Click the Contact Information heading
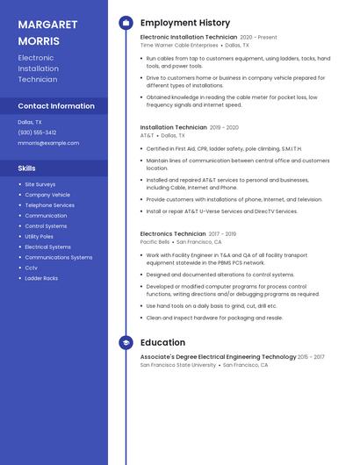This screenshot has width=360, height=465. pyautogui.click(x=56, y=106)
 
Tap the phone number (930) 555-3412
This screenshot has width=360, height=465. pyautogui.click(x=37, y=132)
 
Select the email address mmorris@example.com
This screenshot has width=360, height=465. pyautogui.click(x=48, y=143)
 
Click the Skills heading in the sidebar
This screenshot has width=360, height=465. pyautogui.click(x=27, y=168)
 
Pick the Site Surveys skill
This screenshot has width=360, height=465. pyautogui.click(x=40, y=184)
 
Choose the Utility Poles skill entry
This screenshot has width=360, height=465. pyautogui.click(x=40, y=236)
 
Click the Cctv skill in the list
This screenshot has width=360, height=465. pyautogui.click(x=32, y=268)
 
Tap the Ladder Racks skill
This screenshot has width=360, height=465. pyautogui.click(x=41, y=278)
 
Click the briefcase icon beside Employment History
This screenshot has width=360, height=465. pyautogui.click(x=126, y=23)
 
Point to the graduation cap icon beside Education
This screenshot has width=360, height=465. pyautogui.click(x=126, y=342)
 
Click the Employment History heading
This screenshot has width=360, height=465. pyautogui.click(x=185, y=23)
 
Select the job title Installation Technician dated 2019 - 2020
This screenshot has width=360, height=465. pyautogui.click(x=174, y=127)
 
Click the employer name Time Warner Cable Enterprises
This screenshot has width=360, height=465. pyautogui.click(x=179, y=45)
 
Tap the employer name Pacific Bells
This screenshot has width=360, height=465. pyautogui.click(x=155, y=241)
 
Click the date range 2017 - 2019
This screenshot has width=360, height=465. pyautogui.click(x=222, y=234)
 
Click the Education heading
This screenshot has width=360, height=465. pyautogui.click(x=162, y=342)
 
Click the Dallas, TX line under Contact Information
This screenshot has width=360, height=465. pyautogui.click(x=30, y=122)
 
